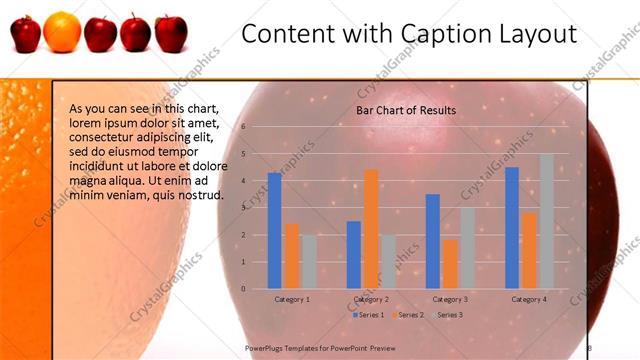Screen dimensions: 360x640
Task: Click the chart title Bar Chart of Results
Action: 406,110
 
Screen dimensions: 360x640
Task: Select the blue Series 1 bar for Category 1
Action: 274,231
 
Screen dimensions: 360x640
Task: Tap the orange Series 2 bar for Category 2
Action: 371,229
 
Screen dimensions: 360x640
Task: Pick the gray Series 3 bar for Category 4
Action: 547,221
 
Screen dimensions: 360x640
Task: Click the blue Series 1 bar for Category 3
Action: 432,241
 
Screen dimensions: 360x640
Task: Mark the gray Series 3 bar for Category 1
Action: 309,262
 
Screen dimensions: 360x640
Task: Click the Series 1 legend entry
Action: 368,315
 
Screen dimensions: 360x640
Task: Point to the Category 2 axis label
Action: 371,299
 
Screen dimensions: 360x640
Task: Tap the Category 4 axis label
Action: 529,299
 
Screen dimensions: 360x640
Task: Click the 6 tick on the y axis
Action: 243,127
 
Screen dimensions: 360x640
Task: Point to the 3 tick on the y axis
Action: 243,208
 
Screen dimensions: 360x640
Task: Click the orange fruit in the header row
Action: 62,31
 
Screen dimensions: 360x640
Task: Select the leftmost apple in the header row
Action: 25,34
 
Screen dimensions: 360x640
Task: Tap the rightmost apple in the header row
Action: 171,33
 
